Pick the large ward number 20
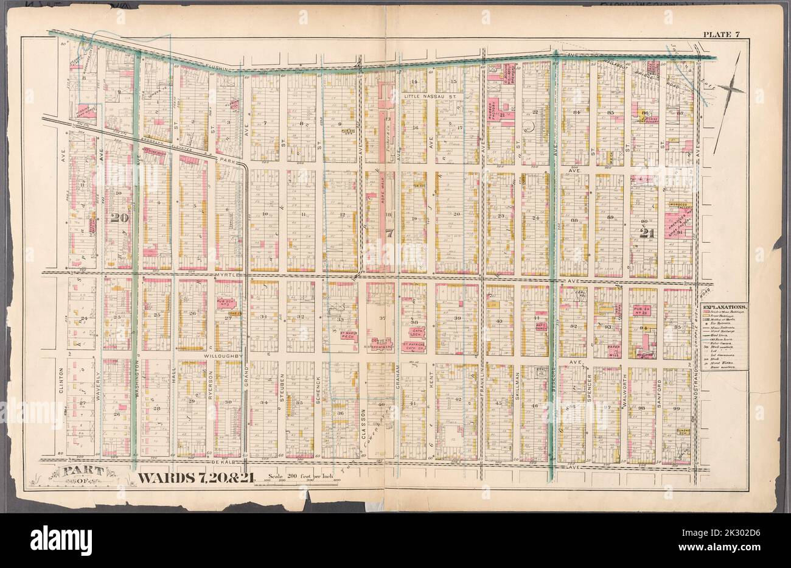click(x=119, y=216)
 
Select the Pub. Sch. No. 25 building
click(x=641, y=312)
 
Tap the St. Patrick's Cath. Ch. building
click(x=413, y=347)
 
